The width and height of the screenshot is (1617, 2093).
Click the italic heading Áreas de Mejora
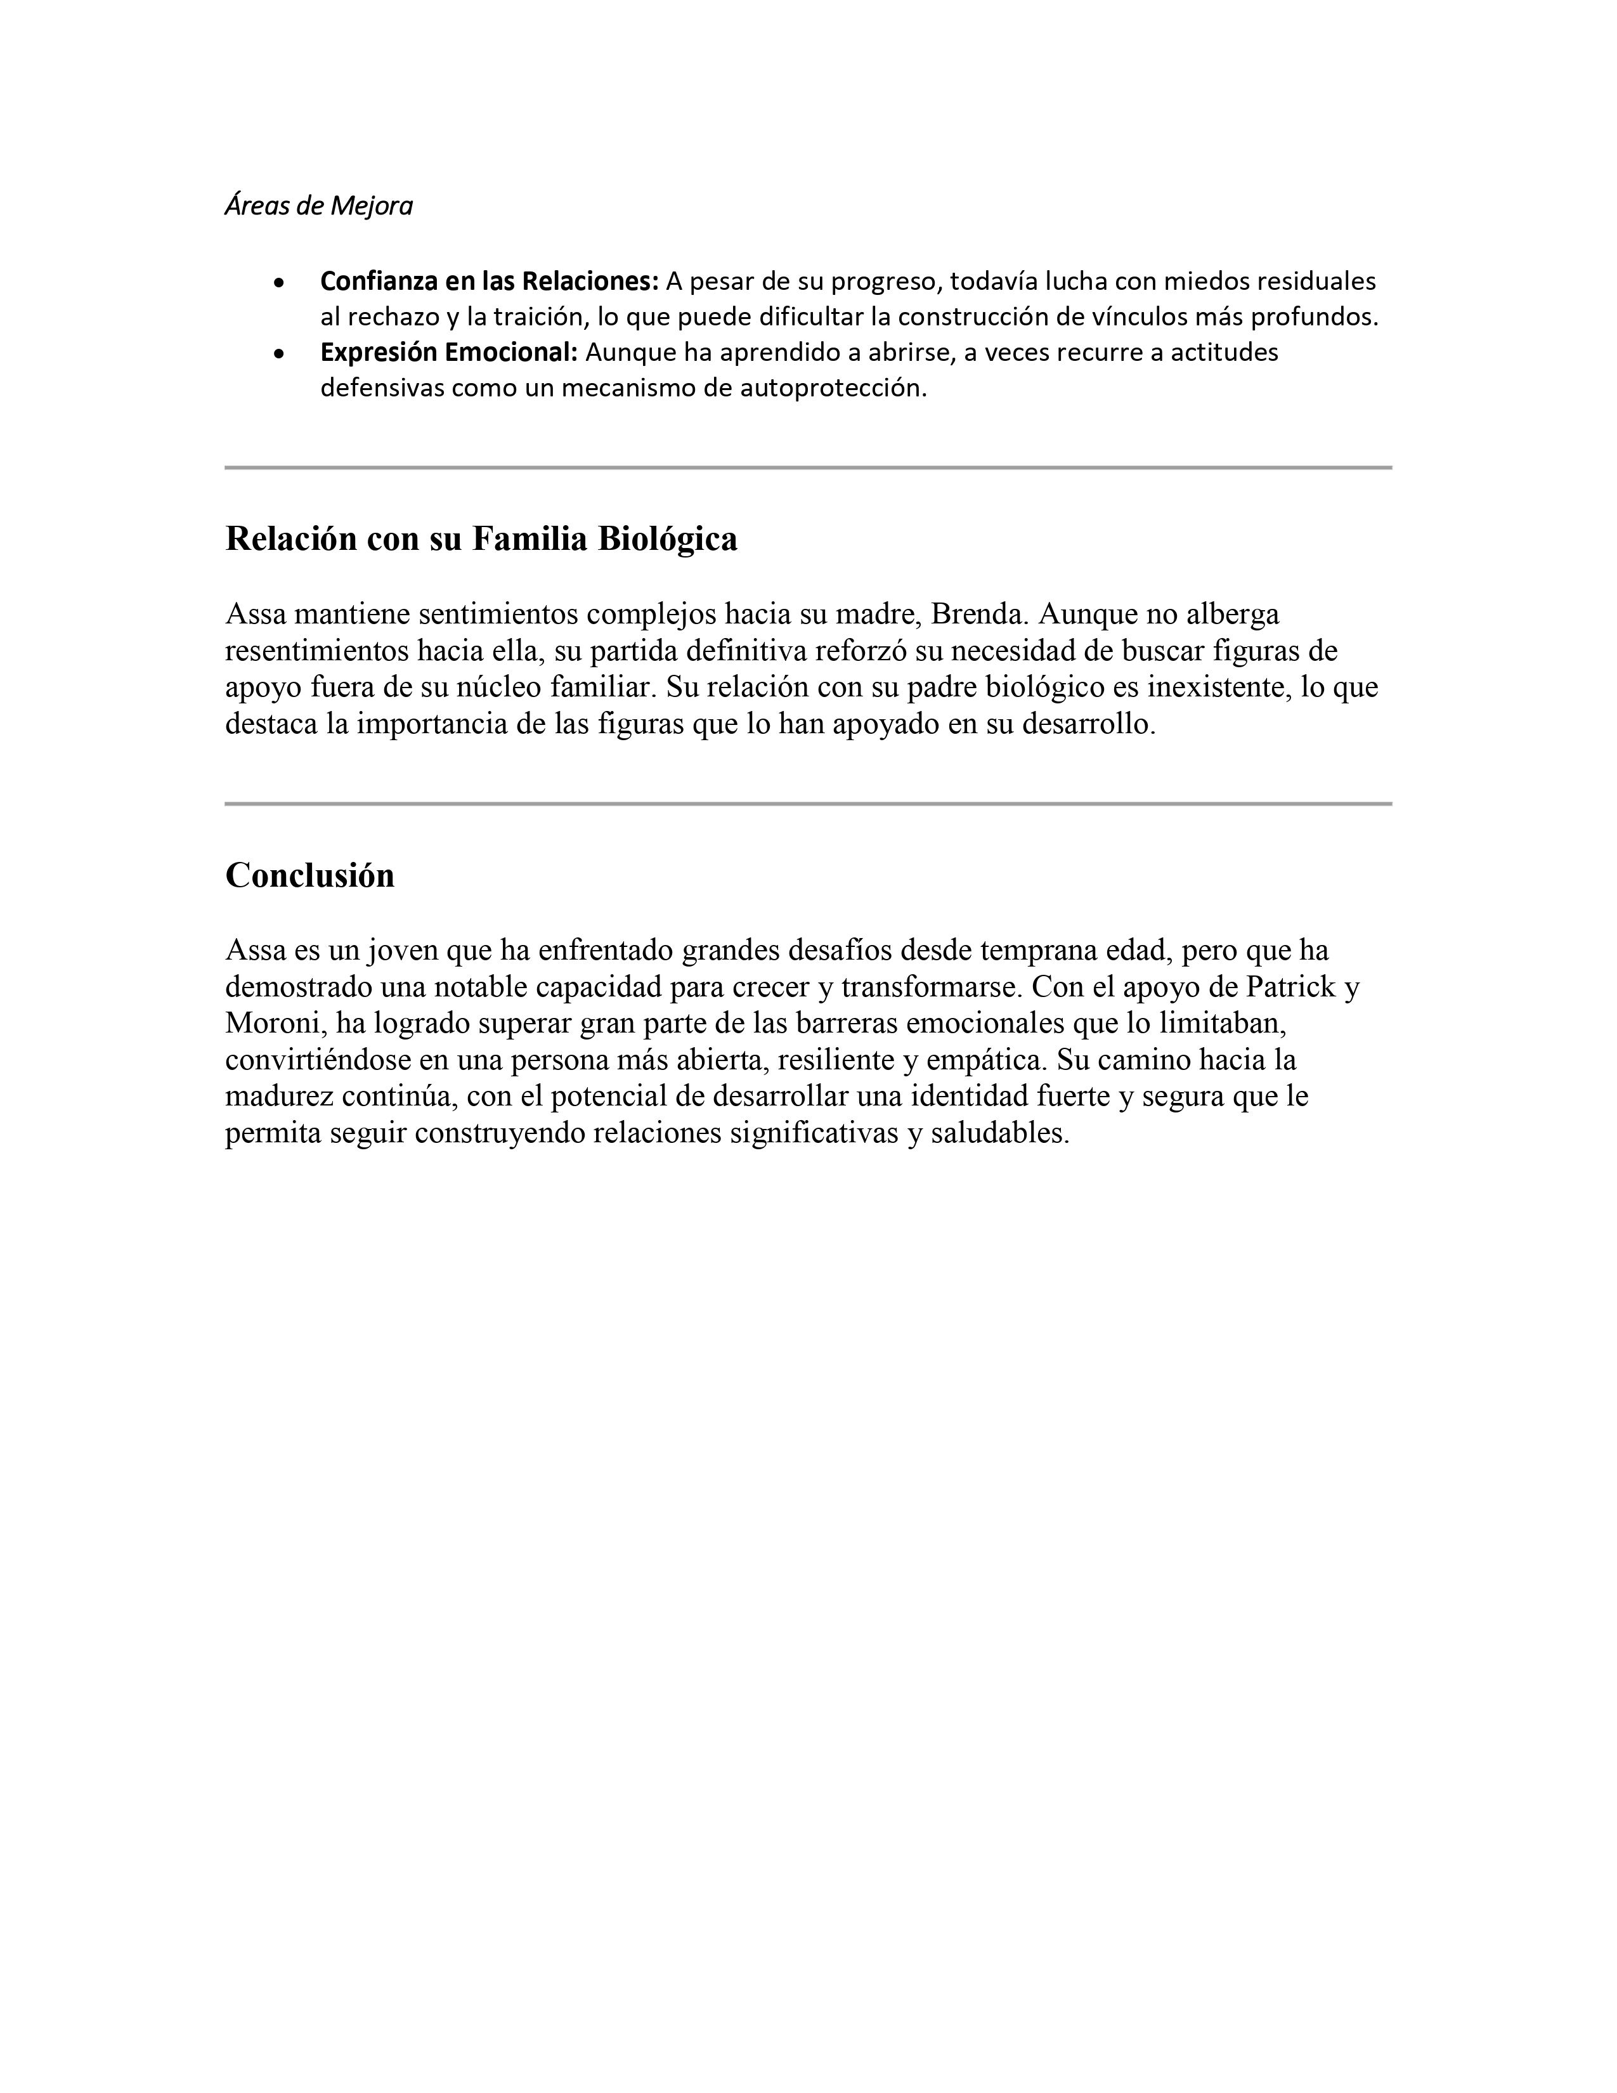pyautogui.click(x=318, y=206)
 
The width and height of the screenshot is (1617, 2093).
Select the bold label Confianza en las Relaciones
pyautogui.click(x=488, y=282)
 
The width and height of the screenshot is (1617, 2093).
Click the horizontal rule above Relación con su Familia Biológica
pyautogui.click(x=807, y=467)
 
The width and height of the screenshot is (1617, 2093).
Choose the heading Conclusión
pyautogui.click(x=309, y=876)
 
